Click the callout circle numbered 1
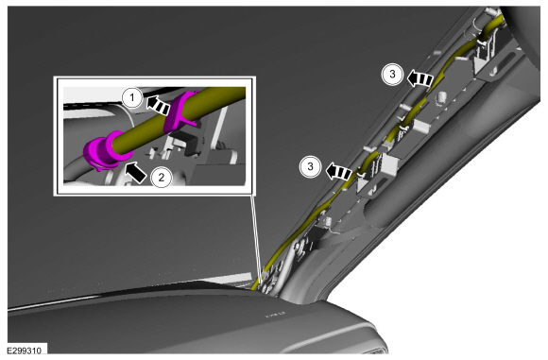(x=132, y=98)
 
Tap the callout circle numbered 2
(x=162, y=178)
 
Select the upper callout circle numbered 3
(x=392, y=74)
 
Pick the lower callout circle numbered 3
(x=310, y=166)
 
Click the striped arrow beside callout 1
(x=158, y=105)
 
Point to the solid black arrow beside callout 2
(x=135, y=171)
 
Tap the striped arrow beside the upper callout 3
(x=420, y=79)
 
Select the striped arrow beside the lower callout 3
(x=338, y=172)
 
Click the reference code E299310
(x=25, y=351)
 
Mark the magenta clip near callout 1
(x=179, y=111)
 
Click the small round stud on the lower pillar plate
(x=328, y=221)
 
